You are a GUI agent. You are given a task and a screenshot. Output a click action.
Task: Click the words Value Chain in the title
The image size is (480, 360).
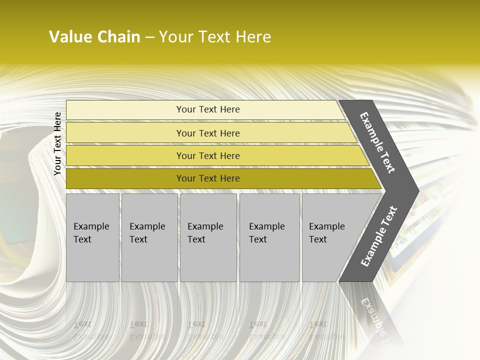(94, 37)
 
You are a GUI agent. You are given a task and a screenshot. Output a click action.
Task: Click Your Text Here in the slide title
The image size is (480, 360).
(215, 37)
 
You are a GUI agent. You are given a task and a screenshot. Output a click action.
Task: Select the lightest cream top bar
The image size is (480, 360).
(125, 109)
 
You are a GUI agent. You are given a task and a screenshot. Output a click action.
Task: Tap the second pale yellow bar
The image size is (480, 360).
(125, 133)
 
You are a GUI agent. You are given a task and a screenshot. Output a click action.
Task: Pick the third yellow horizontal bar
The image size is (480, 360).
(125, 155)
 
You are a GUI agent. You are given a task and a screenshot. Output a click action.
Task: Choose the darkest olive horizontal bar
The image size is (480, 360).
(125, 178)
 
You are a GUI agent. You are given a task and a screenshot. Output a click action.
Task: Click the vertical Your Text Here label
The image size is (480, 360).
(57, 143)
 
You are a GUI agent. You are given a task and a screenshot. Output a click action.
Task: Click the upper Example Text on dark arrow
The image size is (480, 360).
(377, 142)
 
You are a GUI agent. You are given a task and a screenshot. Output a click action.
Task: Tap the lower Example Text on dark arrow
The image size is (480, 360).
(379, 236)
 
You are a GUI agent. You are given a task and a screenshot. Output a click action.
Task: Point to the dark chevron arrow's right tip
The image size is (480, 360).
(417, 190)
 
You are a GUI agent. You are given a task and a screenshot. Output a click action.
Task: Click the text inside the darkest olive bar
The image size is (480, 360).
(208, 178)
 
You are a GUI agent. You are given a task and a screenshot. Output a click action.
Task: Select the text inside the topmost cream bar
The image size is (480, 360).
(208, 109)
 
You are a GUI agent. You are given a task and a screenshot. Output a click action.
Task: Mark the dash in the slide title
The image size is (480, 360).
(149, 37)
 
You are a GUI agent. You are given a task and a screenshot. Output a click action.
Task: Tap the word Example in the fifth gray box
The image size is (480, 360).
(326, 226)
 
